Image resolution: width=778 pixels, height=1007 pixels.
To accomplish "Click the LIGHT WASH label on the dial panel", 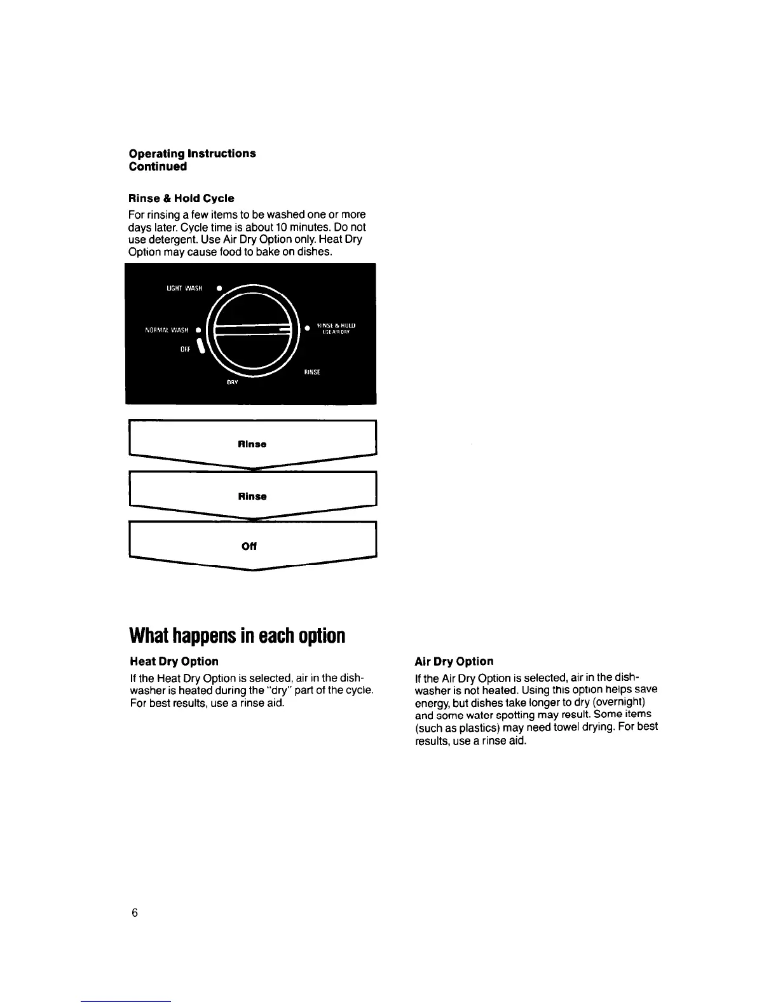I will point(184,288).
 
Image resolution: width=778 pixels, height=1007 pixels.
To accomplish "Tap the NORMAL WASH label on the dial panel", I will point(167,330).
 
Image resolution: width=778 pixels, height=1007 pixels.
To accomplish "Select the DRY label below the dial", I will point(233,382).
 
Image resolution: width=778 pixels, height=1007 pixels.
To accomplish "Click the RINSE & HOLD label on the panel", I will point(336,325).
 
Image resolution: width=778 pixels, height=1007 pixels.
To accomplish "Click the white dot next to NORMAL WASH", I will point(198,330).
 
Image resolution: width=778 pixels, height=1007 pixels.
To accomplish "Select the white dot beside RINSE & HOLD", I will point(306,328).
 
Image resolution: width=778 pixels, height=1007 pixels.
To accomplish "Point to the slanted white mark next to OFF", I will point(201,346).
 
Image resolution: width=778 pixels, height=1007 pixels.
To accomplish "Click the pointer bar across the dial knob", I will point(253,329).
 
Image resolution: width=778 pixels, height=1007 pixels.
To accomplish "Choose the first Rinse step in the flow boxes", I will point(252,444).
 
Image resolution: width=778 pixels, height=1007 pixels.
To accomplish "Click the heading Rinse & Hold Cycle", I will point(181,198).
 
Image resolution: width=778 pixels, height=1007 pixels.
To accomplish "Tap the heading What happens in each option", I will point(237,635).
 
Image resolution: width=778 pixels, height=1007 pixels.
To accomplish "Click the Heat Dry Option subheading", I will point(174,661).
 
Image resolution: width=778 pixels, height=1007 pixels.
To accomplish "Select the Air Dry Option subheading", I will point(454,661).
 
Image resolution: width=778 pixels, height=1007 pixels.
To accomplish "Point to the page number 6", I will point(134,913).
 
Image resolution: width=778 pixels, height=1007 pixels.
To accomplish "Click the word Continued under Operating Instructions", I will point(158,167).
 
